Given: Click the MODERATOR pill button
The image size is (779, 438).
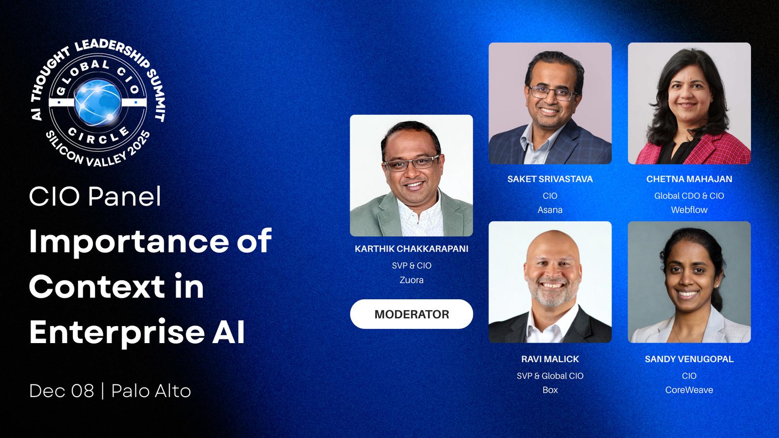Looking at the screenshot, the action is (411, 314).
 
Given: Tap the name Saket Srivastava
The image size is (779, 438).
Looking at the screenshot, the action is (550, 179).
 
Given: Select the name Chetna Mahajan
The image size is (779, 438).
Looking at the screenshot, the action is (689, 179).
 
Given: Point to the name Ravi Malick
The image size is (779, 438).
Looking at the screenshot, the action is (550, 359).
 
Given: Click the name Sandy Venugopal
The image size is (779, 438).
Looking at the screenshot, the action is (689, 359).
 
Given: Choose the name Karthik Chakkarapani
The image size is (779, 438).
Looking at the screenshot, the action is (411, 249).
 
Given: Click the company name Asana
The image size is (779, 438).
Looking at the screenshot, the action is (550, 210).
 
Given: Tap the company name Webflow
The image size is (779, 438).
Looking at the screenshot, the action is (689, 210).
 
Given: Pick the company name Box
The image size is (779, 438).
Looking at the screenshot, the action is (550, 390).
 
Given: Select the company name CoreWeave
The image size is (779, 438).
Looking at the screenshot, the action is (689, 390).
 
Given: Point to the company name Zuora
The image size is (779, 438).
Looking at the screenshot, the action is (411, 280).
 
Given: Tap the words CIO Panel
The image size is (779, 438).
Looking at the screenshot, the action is (95, 197).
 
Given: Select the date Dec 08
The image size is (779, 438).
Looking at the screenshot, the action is (61, 391).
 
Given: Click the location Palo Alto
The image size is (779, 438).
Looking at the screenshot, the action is (151, 391).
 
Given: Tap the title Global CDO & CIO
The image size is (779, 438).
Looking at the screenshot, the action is (689, 196).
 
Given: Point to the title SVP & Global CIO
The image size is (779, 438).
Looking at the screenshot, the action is (550, 376).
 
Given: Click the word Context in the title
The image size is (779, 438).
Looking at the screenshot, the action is (97, 287).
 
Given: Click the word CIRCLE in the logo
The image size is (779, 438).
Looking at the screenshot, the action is (98, 135).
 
